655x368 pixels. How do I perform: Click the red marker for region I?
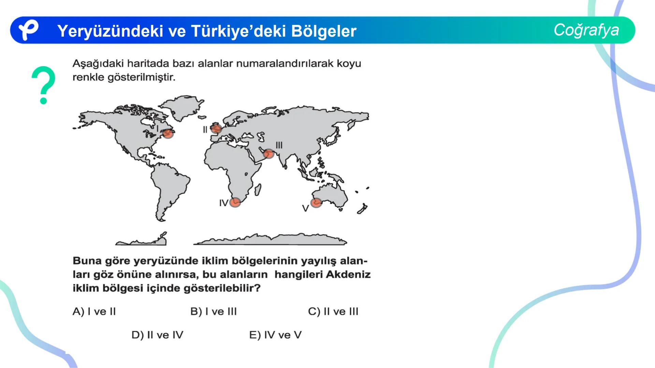coord(168,133)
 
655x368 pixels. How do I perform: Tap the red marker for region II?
coord(216,129)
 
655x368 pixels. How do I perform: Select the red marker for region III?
coord(269,154)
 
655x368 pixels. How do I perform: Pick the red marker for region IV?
coord(235,202)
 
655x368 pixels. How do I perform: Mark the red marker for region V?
coord(316,203)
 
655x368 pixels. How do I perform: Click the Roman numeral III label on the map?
coord(279,145)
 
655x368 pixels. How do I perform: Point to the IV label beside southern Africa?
coord(223,203)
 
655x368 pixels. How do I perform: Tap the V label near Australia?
coord(305,208)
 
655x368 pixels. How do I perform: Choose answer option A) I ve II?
coord(94,311)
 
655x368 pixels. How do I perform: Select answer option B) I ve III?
coord(213,311)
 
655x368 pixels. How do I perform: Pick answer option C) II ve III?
coord(333,311)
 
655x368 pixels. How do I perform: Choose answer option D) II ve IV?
coord(157,335)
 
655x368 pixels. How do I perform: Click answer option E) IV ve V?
coord(275,335)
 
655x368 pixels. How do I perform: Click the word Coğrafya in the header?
coord(586,30)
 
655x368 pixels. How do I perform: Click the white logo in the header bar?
coord(28,30)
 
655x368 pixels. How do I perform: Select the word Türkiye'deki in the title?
coord(238,31)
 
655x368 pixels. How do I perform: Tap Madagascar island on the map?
coord(258,189)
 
